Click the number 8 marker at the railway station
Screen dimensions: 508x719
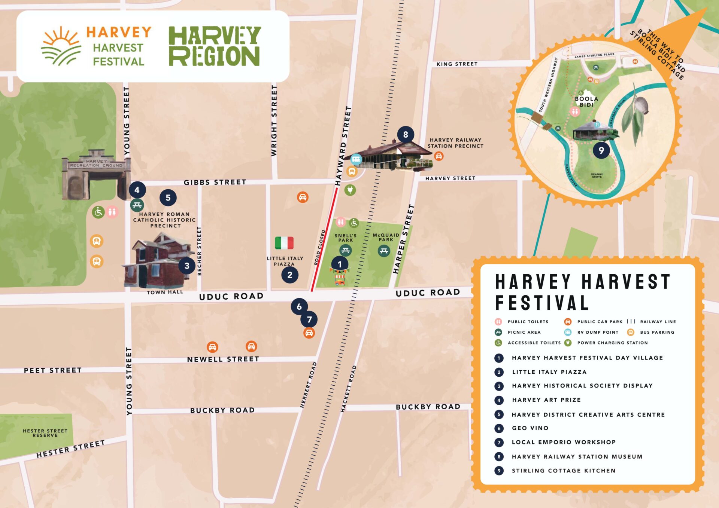pyautogui.click(x=406, y=134)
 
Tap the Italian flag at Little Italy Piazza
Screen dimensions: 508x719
pyautogui.click(x=284, y=243)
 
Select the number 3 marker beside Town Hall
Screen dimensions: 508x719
pyautogui.click(x=187, y=266)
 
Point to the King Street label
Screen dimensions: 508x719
pyautogui.click(x=457, y=64)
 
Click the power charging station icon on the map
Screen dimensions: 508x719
pyautogui.click(x=350, y=190)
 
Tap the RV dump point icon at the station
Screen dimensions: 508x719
pyautogui.click(x=356, y=159)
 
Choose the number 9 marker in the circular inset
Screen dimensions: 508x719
pyautogui.click(x=601, y=150)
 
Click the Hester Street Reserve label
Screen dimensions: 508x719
pyautogui.click(x=45, y=433)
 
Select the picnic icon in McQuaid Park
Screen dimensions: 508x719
pyautogui.click(x=384, y=251)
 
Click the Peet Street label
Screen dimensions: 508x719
pyautogui.click(x=52, y=370)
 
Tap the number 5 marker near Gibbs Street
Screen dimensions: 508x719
pyautogui.click(x=168, y=198)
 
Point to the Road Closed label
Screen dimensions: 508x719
pyautogui.click(x=319, y=248)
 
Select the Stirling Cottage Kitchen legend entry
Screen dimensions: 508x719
pyautogui.click(x=563, y=471)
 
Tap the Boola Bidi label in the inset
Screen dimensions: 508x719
pyautogui.click(x=586, y=102)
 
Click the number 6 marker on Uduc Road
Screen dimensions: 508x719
pyautogui.click(x=299, y=307)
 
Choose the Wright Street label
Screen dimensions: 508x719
pyautogui.click(x=274, y=121)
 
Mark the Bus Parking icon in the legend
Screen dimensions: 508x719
pyautogui.click(x=631, y=332)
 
